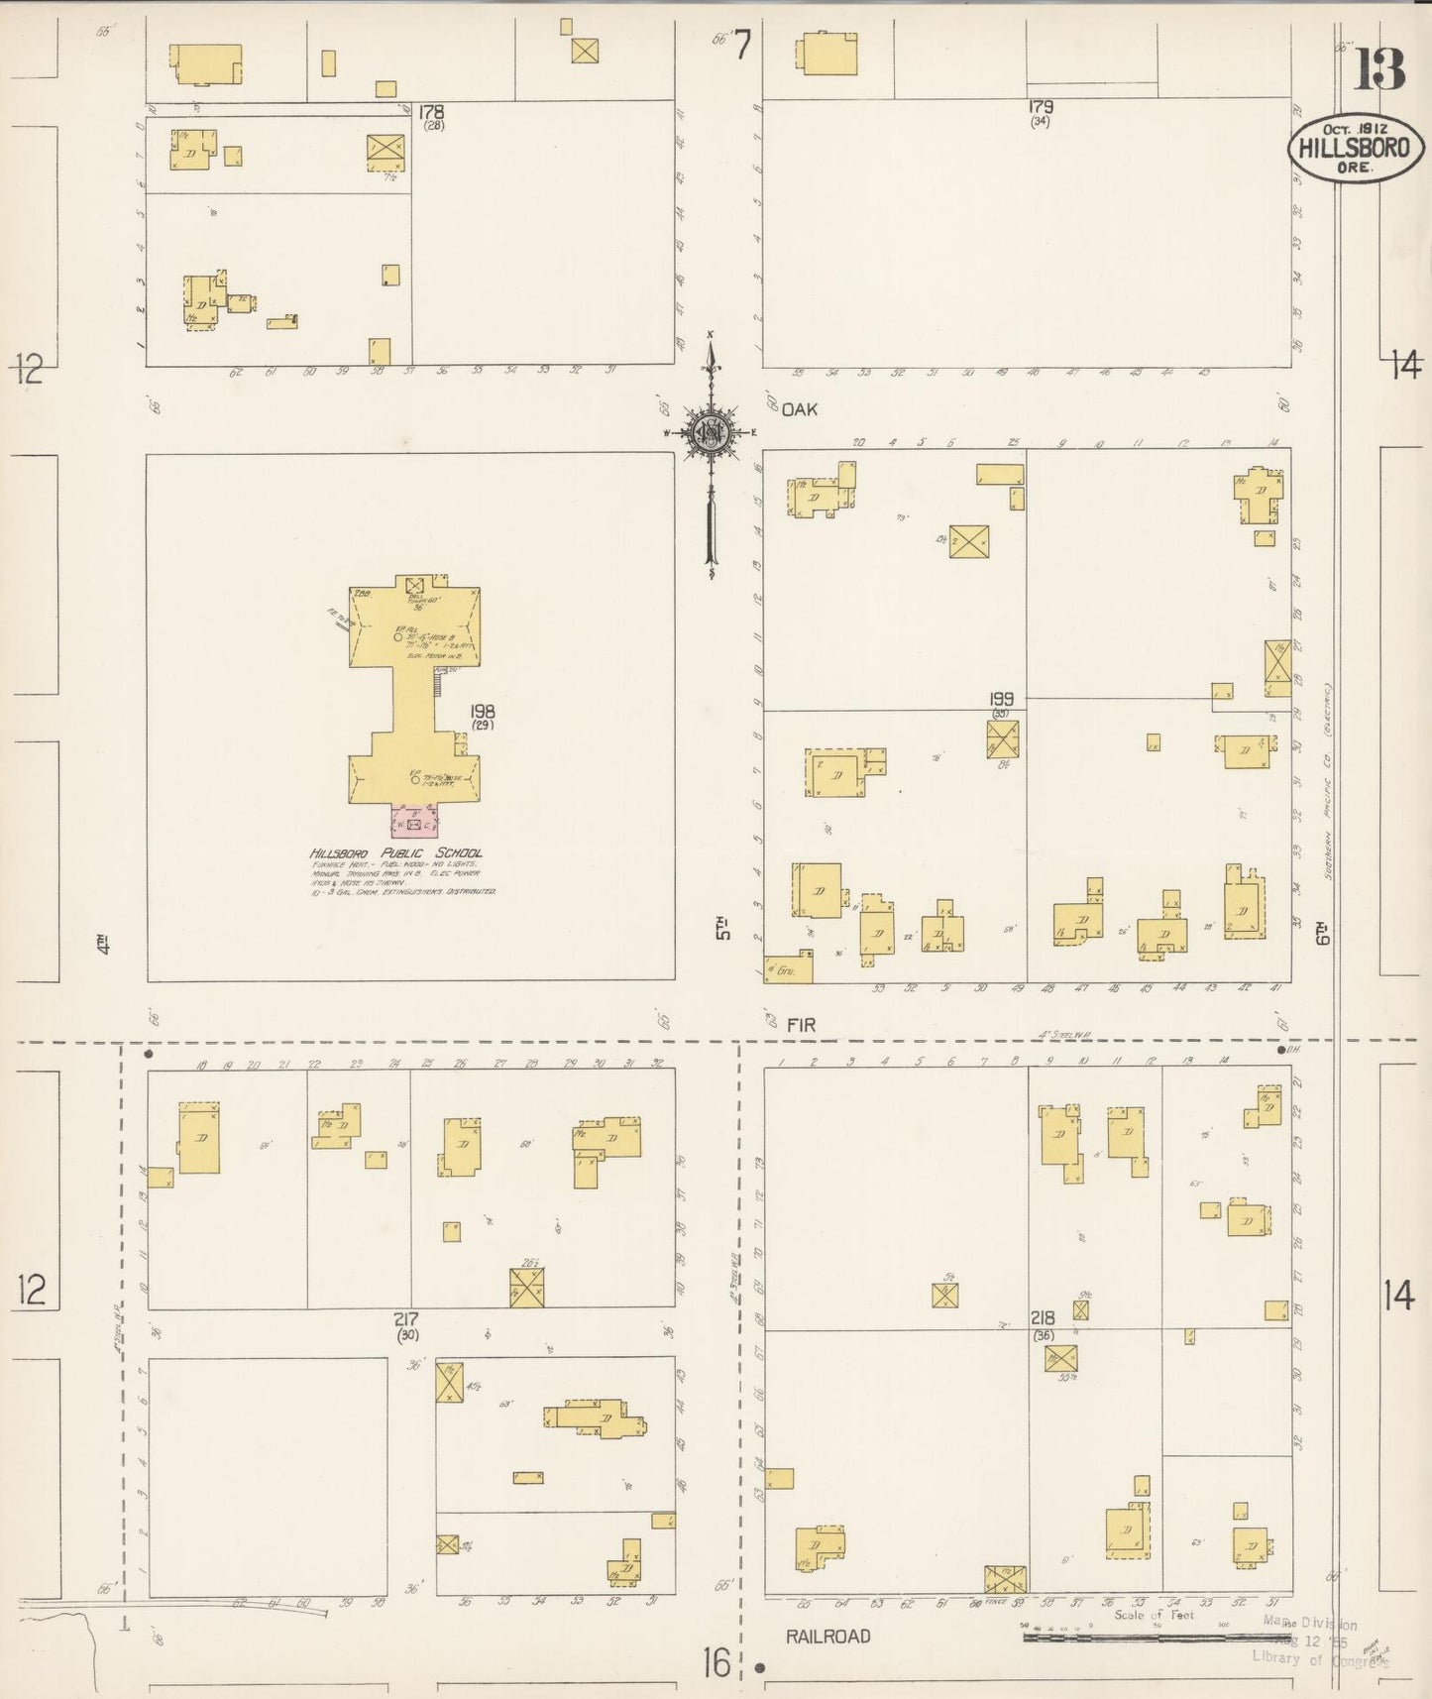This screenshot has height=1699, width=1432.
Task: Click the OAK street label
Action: [799, 408]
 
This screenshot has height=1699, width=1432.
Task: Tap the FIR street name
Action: [801, 1025]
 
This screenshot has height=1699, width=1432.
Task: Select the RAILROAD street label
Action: [827, 1637]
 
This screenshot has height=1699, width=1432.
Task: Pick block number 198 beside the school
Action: [483, 712]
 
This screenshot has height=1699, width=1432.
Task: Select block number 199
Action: [1001, 700]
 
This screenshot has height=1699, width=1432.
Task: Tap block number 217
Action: [406, 1319]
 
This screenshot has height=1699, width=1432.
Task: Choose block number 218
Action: [1042, 1318]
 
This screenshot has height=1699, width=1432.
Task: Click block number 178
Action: [431, 112]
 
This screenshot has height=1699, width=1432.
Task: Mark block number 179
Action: [1040, 107]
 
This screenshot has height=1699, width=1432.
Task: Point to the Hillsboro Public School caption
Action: [396, 853]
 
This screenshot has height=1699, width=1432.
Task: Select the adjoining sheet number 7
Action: [742, 45]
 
